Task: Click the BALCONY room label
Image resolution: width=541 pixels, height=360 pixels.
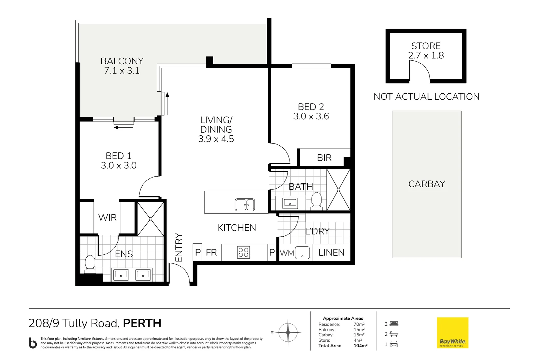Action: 122,61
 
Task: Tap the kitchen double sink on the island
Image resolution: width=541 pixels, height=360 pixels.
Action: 245,205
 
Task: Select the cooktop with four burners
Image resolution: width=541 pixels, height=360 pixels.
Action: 244,252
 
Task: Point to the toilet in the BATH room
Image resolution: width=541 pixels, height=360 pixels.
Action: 316,201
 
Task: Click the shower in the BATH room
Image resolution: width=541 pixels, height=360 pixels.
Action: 338,190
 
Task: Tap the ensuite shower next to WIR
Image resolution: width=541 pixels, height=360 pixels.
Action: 151,219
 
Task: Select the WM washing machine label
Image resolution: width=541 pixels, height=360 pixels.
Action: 287,253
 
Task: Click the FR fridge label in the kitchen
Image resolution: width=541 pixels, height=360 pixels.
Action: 211,253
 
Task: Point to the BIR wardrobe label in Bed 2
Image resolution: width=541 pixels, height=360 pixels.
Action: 324,158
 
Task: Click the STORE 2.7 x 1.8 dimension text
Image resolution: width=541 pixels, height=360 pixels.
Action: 426,55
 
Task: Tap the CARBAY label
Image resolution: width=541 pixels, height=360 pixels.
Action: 426,184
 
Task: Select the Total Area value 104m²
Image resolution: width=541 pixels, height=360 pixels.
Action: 360,346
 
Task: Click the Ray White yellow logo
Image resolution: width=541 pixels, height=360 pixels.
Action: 452,333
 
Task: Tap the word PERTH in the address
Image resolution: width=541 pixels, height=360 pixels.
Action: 142,323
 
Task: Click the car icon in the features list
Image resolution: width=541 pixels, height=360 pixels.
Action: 394,344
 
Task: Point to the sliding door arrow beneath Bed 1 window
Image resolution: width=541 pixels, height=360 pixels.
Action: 124,127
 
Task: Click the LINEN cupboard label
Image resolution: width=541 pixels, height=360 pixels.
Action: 331,253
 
